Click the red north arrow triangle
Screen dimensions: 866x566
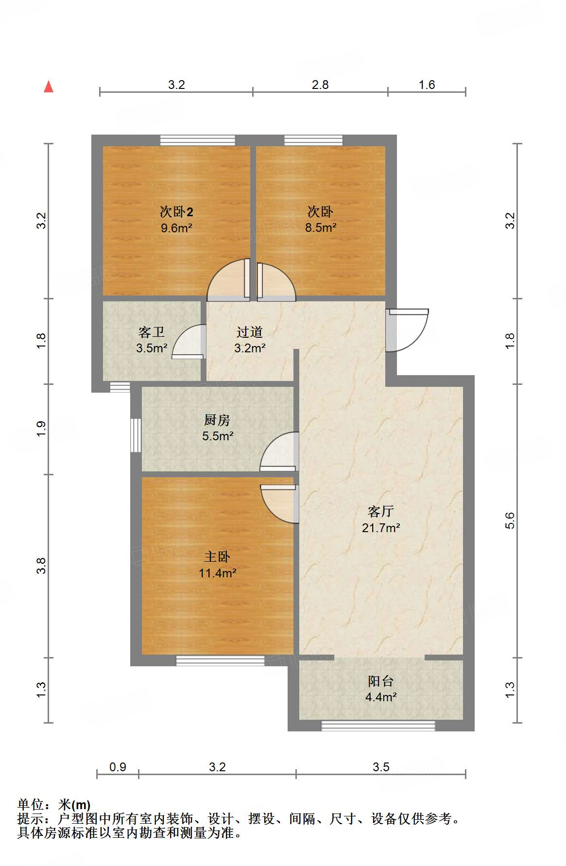pos(49,87)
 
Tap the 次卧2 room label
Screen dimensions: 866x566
pos(176,212)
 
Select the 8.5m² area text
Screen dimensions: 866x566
pos(321,227)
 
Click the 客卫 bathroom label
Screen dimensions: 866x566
pos(152,332)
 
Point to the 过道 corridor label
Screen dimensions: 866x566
pos(250,332)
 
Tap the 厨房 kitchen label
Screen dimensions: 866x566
pos(217,420)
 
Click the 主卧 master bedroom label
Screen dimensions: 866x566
pos(217,557)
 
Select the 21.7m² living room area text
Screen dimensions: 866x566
pos(381,528)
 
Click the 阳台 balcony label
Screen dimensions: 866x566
pos(381,681)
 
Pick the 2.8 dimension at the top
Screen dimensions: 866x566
pos(320,85)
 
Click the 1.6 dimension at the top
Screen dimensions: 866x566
pos(427,85)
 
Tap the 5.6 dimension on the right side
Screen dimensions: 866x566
pos(510,521)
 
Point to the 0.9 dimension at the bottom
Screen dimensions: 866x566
pos(118,767)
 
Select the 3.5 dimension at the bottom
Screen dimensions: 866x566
pos(381,767)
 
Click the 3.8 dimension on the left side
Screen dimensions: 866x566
pos(41,566)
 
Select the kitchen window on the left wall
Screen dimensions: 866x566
pos(136,435)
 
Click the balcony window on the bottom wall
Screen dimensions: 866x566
pos(378,726)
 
